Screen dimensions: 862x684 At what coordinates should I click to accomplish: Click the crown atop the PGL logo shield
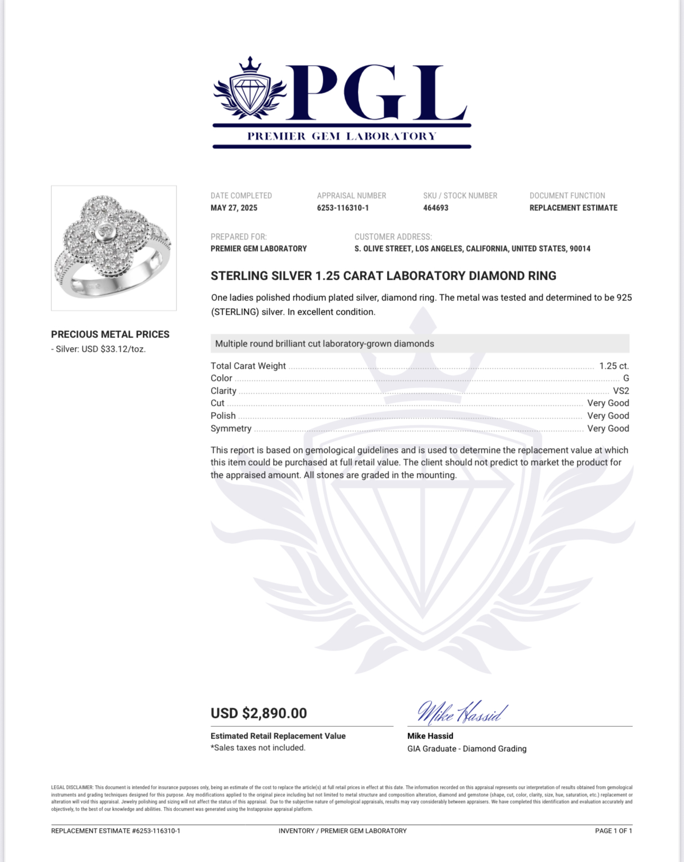coord(250,65)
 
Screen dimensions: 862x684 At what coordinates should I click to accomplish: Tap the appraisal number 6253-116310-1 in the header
coord(343,208)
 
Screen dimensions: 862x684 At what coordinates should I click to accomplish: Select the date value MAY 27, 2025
coord(234,208)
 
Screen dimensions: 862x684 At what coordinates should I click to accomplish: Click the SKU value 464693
coord(435,208)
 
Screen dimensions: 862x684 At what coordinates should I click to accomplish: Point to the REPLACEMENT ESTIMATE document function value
coord(573,208)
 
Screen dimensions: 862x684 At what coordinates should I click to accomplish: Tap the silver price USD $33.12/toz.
coord(113,349)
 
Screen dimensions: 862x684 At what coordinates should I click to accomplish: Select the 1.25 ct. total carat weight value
coord(613,366)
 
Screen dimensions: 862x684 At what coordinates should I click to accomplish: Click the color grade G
coord(626,378)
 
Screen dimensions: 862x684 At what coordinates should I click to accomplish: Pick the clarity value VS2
coord(620,391)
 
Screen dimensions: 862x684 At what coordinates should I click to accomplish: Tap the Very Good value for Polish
coord(608,416)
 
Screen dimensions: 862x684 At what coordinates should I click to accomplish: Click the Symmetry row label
coord(231,429)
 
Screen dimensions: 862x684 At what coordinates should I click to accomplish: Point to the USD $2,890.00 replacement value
coord(259,713)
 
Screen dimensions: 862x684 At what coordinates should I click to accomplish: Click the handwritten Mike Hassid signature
coord(461,713)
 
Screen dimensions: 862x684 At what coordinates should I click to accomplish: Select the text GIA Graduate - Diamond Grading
coord(467,749)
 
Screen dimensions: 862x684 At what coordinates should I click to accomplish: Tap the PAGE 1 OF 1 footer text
coord(613,831)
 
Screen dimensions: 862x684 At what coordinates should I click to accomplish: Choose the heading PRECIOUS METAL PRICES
coord(110,334)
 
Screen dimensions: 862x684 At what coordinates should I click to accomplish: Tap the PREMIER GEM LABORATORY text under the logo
coord(341,136)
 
